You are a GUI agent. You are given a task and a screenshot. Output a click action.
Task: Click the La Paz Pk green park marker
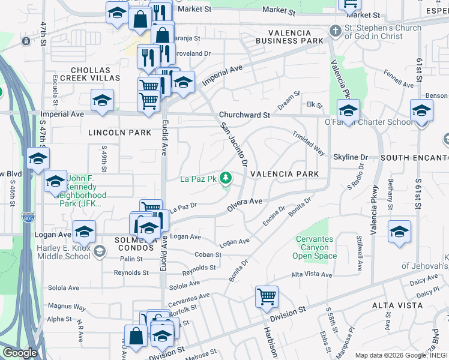226,178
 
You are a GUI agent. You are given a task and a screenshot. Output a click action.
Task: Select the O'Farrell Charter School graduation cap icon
348,110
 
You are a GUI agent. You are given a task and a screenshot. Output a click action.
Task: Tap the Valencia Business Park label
289,37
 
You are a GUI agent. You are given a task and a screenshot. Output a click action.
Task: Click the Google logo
20,353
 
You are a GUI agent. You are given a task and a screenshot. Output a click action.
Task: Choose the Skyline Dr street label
350,157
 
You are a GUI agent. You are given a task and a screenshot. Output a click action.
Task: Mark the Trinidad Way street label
309,143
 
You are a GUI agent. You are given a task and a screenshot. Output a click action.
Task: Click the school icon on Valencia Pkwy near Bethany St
399,232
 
